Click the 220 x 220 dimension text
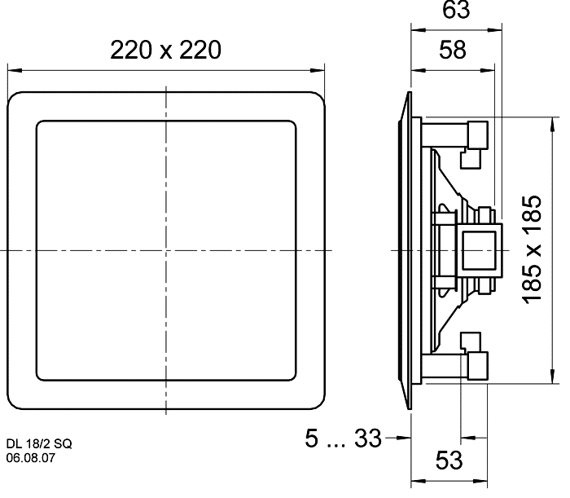pyautogui.click(x=166, y=50)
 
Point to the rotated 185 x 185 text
pyautogui.click(x=533, y=249)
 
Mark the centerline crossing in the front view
pyautogui.click(x=166, y=250)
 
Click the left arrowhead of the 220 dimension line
pyautogui.click(x=12, y=70)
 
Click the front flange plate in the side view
pyautogui.click(x=408, y=249)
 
